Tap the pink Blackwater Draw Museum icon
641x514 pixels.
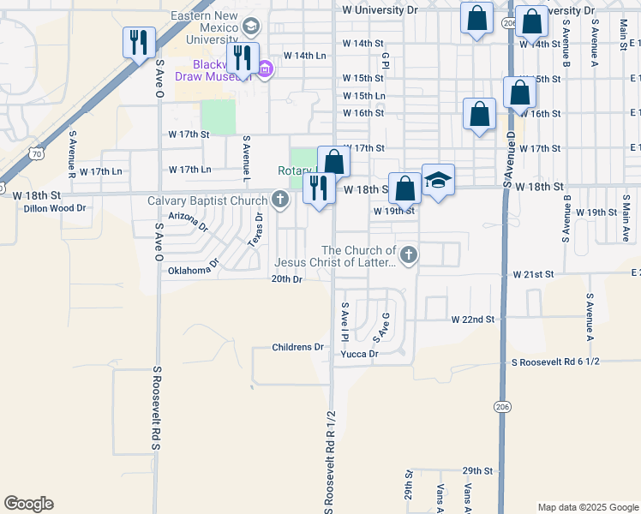coord(265,69)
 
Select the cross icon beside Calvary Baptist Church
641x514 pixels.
coord(279,201)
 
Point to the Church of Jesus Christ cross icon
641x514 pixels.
coord(410,254)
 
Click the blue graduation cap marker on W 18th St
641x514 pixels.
coord(438,181)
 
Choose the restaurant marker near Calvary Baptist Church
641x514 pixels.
coord(319,188)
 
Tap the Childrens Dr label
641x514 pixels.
coord(297,347)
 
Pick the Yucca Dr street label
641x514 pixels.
coord(361,354)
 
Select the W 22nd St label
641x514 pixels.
coord(474,319)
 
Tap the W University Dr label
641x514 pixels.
coord(379,10)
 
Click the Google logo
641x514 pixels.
coord(28,504)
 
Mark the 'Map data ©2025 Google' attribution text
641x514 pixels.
coord(587,507)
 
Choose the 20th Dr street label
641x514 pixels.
coord(287,279)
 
